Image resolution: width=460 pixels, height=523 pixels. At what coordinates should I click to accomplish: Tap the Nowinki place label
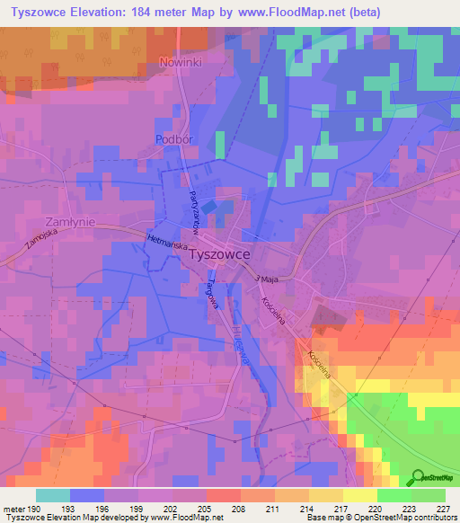pyautogui.click(x=176, y=63)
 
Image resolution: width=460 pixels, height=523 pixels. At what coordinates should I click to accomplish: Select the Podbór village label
pyautogui.click(x=174, y=139)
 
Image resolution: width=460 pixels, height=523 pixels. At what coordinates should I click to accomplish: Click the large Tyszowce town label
pyautogui.click(x=219, y=254)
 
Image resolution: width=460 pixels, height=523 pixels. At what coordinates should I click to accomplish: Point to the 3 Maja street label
pyautogui.click(x=267, y=279)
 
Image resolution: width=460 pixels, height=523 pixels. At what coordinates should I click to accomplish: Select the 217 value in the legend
pyautogui.click(x=325, y=509)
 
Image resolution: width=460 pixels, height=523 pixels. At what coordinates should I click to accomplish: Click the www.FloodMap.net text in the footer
pyautogui.click(x=180, y=518)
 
